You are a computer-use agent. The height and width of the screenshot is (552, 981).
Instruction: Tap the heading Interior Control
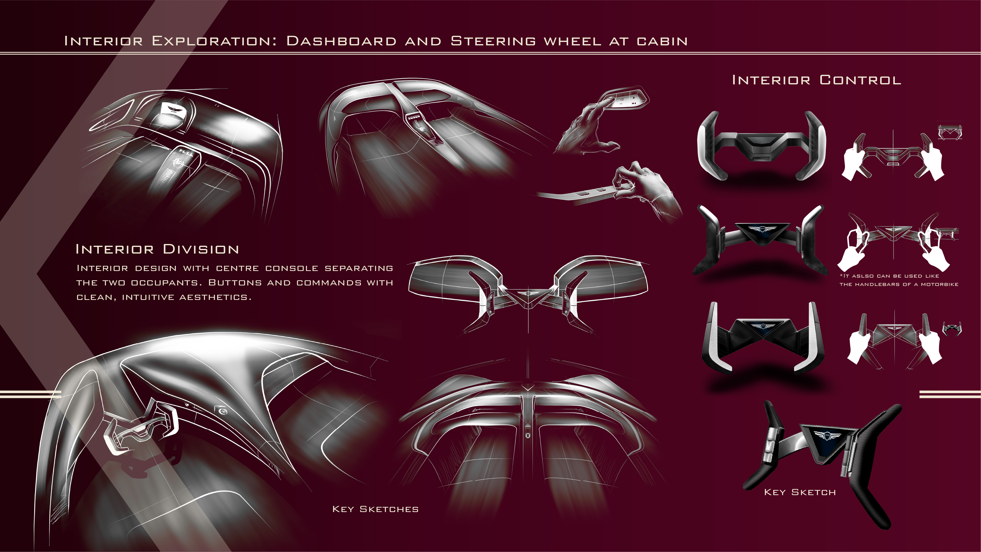pos(816,80)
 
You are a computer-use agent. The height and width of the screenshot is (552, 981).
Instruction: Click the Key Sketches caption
pos(375,509)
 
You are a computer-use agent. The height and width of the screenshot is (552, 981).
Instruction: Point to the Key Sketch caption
pos(800,492)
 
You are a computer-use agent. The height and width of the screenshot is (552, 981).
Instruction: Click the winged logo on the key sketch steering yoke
pos(824,436)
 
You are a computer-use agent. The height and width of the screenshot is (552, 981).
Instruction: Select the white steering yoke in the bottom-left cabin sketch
pos(141,427)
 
